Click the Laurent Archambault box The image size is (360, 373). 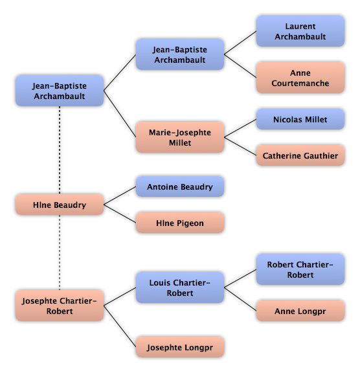pyautogui.click(x=300, y=31)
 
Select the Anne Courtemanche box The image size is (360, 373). pyautogui.click(x=300, y=78)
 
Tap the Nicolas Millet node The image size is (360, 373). pyautogui.click(x=300, y=119)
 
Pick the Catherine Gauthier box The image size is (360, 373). pyautogui.click(x=300, y=155)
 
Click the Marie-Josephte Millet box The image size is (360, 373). pyautogui.click(x=180, y=137)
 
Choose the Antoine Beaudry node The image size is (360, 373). pyautogui.click(x=180, y=186)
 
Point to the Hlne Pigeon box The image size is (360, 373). pyautogui.click(x=180, y=223)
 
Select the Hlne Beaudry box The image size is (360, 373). pyautogui.click(x=60, y=205)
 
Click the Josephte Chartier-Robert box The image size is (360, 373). pyautogui.click(x=60, y=306)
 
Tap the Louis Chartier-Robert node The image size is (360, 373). pyautogui.click(x=180, y=288)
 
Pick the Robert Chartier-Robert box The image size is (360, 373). pyautogui.click(x=300, y=269)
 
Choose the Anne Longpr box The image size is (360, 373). pyautogui.click(x=300, y=311)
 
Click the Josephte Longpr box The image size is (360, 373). pyautogui.click(x=180, y=347)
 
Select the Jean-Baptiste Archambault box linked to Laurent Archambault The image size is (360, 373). pyautogui.click(x=180, y=54)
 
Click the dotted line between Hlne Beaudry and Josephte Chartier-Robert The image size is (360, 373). pyautogui.click(x=60, y=253)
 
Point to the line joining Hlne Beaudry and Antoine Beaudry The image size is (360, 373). pyautogui.click(x=120, y=196)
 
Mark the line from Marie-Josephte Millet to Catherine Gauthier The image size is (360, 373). pyautogui.click(x=240, y=146)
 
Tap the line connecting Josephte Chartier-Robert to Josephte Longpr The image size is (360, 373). pyautogui.click(x=120, y=326)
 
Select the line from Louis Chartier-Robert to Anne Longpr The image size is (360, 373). pyautogui.click(x=240, y=299)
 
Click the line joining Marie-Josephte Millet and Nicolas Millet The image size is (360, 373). pyautogui.click(x=240, y=128)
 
